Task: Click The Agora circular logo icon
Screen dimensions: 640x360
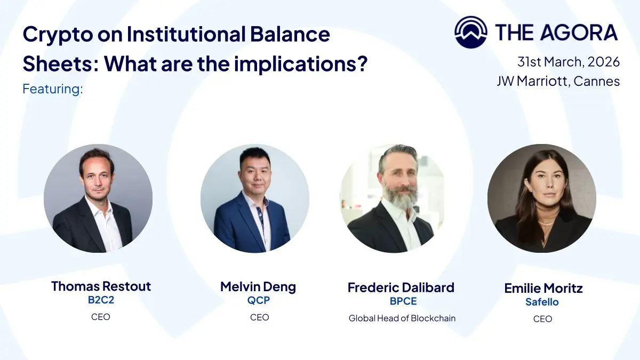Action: click(x=471, y=32)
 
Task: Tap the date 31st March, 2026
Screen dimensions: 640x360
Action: click(x=569, y=62)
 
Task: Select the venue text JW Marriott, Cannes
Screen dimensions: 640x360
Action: click(x=558, y=81)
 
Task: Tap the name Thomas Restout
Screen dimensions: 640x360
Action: click(x=101, y=286)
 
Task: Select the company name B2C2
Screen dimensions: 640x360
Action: click(x=101, y=300)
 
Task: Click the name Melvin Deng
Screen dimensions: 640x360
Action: click(x=258, y=287)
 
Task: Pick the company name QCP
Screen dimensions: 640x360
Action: click(x=259, y=300)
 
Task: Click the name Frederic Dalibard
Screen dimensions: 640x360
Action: click(x=401, y=287)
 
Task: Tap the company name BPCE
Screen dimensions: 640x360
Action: click(x=403, y=301)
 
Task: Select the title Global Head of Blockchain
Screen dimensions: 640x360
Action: click(x=402, y=318)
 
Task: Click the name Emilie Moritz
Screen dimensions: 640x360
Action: click(x=543, y=289)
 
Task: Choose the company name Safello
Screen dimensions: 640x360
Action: click(x=542, y=302)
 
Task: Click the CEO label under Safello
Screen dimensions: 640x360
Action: click(x=542, y=319)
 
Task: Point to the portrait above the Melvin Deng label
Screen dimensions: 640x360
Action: click(x=254, y=198)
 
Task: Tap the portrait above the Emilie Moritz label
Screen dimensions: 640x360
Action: click(x=542, y=198)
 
